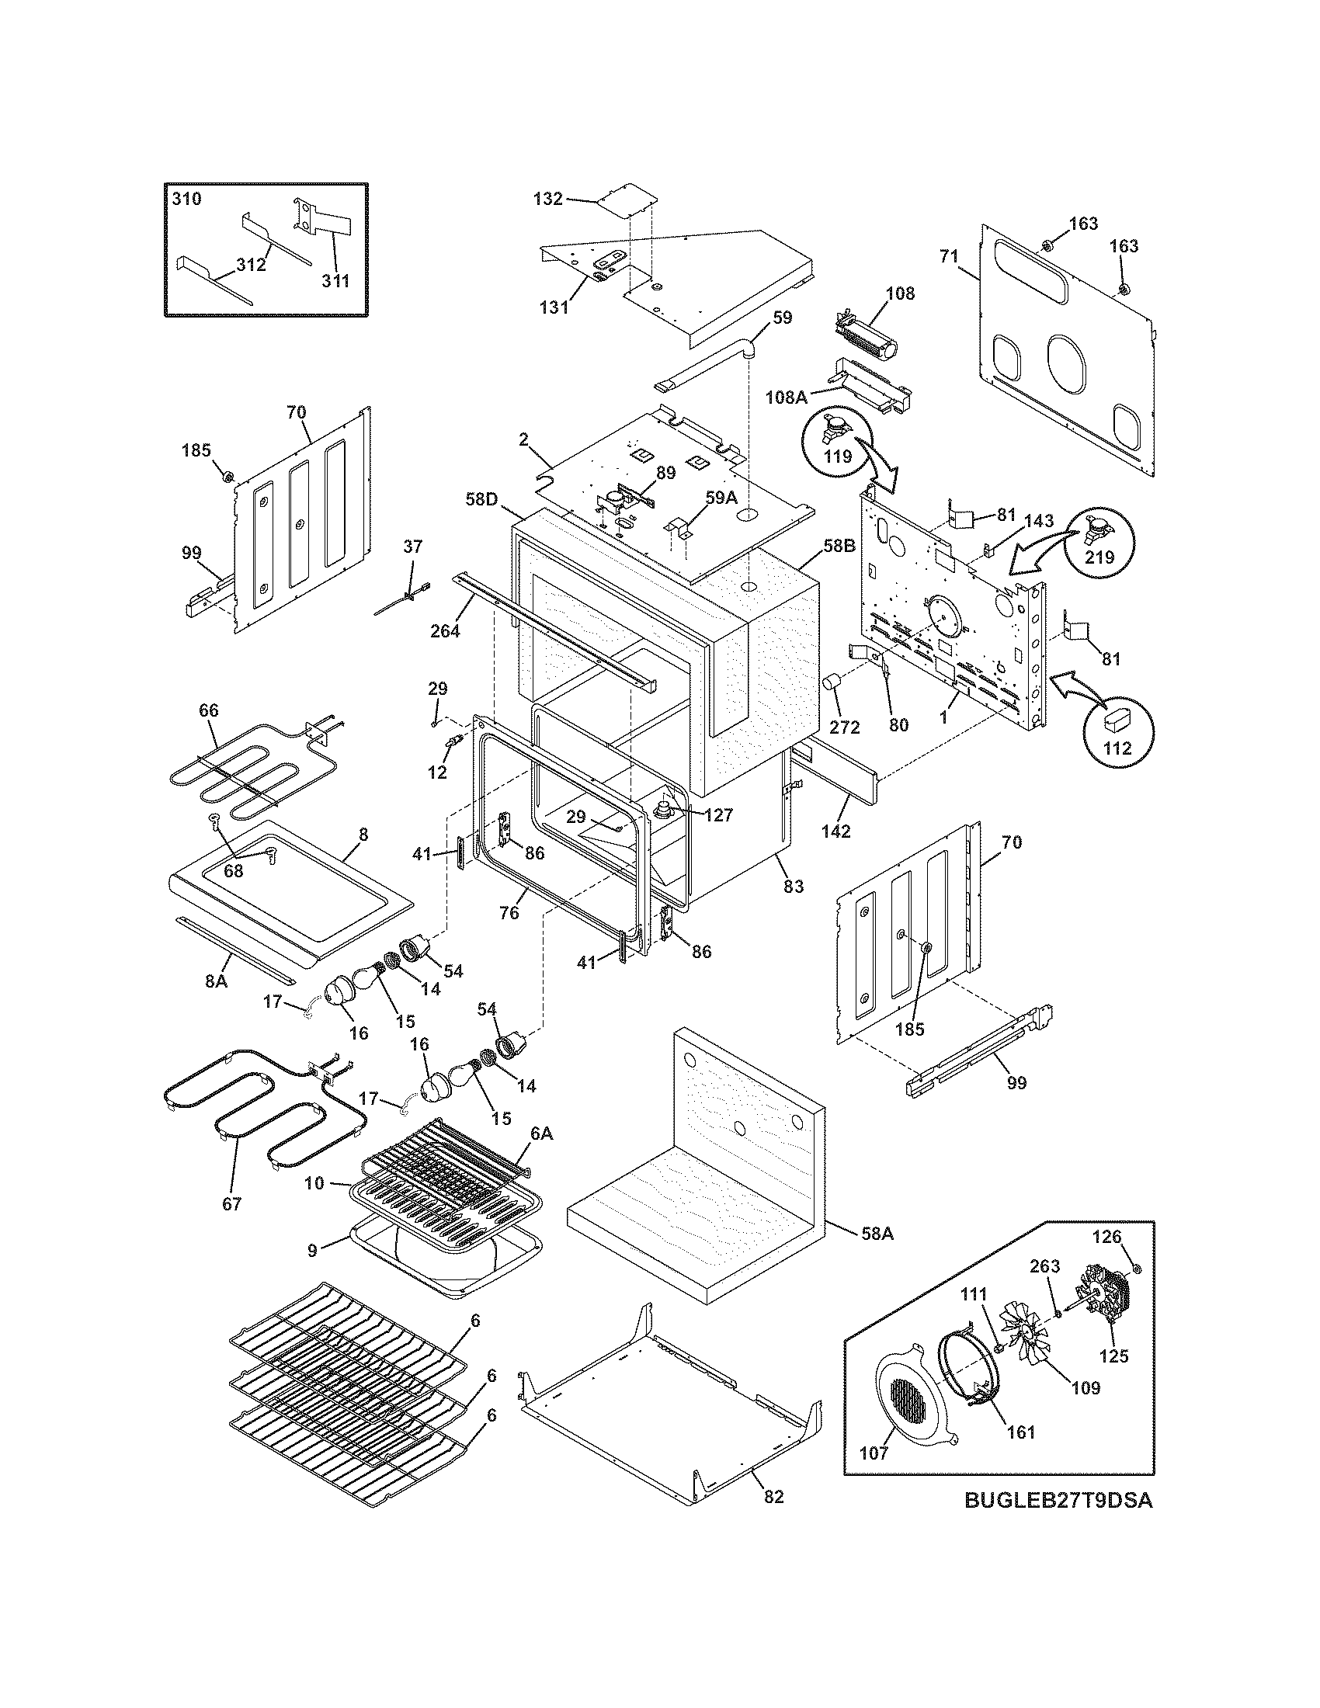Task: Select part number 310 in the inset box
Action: (186, 199)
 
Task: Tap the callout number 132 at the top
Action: (547, 199)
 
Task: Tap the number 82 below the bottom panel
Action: (773, 1497)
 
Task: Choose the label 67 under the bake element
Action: (232, 1203)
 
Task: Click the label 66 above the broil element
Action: (209, 710)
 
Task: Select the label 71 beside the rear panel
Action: (949, 255)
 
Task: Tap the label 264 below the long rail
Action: (445, 630)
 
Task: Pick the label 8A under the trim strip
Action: (216, 980)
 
